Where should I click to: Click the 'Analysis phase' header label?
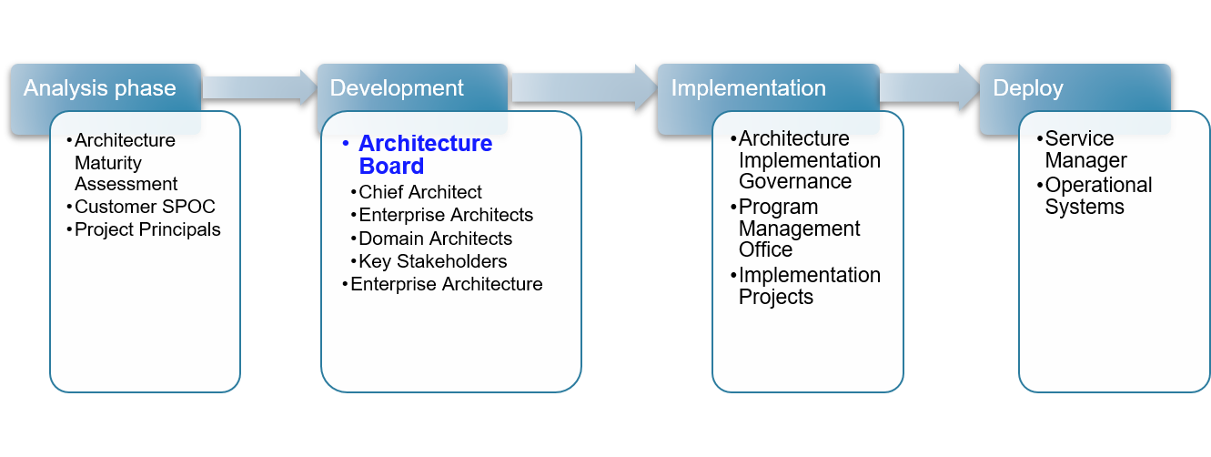pyautogui.click(x=100, y=88)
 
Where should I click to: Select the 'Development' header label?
pyautogui.click(x=397, y=88)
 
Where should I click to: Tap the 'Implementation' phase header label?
pyautogui.click(x=748, y=88)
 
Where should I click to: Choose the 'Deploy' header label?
pyautogui.click(x=1028, y=88)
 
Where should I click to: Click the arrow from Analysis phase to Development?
pyautogui.click(x=259, y=87)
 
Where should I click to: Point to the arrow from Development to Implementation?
pyautogui.click(x=583, y=87)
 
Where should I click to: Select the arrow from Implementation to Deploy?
pyautogui.click(x=930, y=87)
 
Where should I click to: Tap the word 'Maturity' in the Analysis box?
pyautogui.click(x=108, y=163)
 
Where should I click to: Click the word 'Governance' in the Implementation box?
pyautogui.click(x=795, y=182)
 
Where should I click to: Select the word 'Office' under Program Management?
pyautogui.click(x=765, y=249)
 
